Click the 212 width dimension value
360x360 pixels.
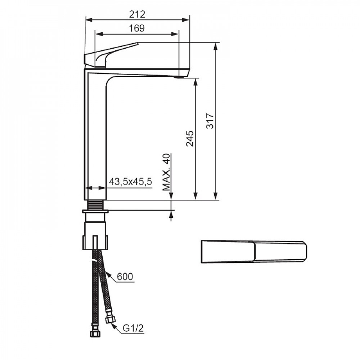tap(137, 14)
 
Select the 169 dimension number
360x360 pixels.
tap(136, 28)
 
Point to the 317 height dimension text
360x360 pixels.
tap(210, 121)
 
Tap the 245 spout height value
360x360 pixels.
tap(190, 139)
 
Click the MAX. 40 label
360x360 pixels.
tap(166, 172)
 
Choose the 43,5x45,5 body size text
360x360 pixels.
tap(130, 181)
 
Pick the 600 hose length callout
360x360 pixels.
tap(125, 276)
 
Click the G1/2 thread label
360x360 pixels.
tap(133, 328)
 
